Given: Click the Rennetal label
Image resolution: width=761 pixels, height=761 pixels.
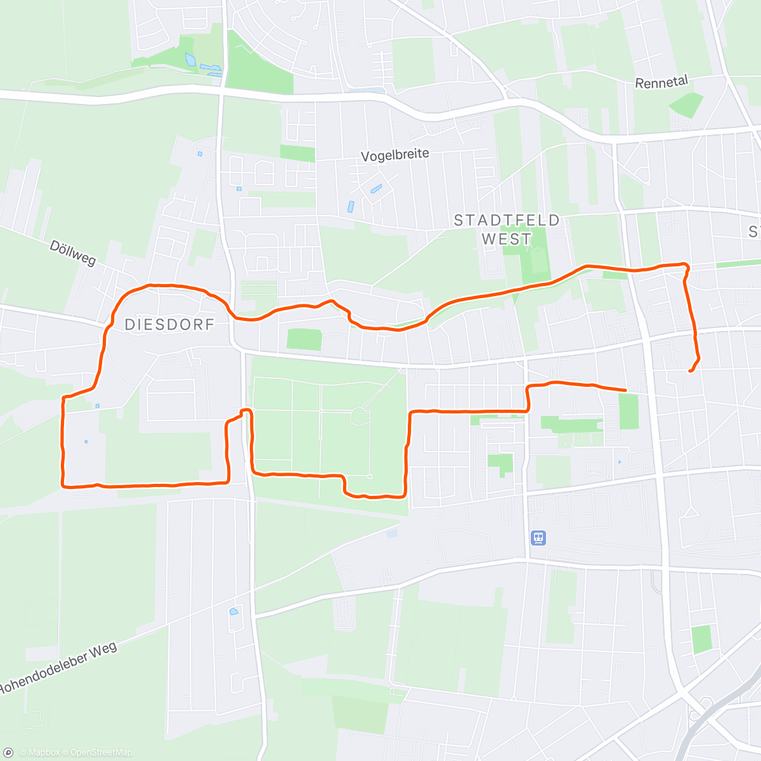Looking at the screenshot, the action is pos(661,82).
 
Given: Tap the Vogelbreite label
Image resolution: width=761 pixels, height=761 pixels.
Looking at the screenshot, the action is pos(395,155).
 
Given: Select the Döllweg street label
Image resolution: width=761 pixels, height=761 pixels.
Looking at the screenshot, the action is pos(72,252).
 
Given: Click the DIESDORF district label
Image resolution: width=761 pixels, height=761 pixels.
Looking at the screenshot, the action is pos(169,325).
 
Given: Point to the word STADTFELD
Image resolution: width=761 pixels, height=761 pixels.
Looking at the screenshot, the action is pos(507,220).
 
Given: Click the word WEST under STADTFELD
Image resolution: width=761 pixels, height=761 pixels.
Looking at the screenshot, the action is pos(507,239).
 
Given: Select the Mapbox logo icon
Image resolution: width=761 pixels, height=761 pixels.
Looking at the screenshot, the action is pos(8,752).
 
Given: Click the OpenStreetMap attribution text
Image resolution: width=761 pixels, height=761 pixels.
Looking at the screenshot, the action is pos(101,753).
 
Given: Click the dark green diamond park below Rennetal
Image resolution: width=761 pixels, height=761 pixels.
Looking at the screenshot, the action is pos(686,105).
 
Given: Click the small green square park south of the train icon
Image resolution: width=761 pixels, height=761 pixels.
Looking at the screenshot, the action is pos(701,639).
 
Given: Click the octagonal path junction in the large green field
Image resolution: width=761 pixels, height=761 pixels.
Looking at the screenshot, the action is pos(360,417).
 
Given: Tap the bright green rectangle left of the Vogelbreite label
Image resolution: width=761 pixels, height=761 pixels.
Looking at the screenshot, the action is pos(297,153).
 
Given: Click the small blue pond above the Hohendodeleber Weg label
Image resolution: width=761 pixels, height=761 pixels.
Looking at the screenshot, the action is pos(233,611).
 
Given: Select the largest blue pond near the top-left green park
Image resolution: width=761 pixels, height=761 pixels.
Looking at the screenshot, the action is pos(190,60).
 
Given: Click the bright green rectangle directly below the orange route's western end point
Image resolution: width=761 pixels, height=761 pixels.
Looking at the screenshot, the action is pos(628,411).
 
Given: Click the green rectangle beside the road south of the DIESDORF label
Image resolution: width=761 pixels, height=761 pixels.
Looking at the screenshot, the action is pos(304,339).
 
